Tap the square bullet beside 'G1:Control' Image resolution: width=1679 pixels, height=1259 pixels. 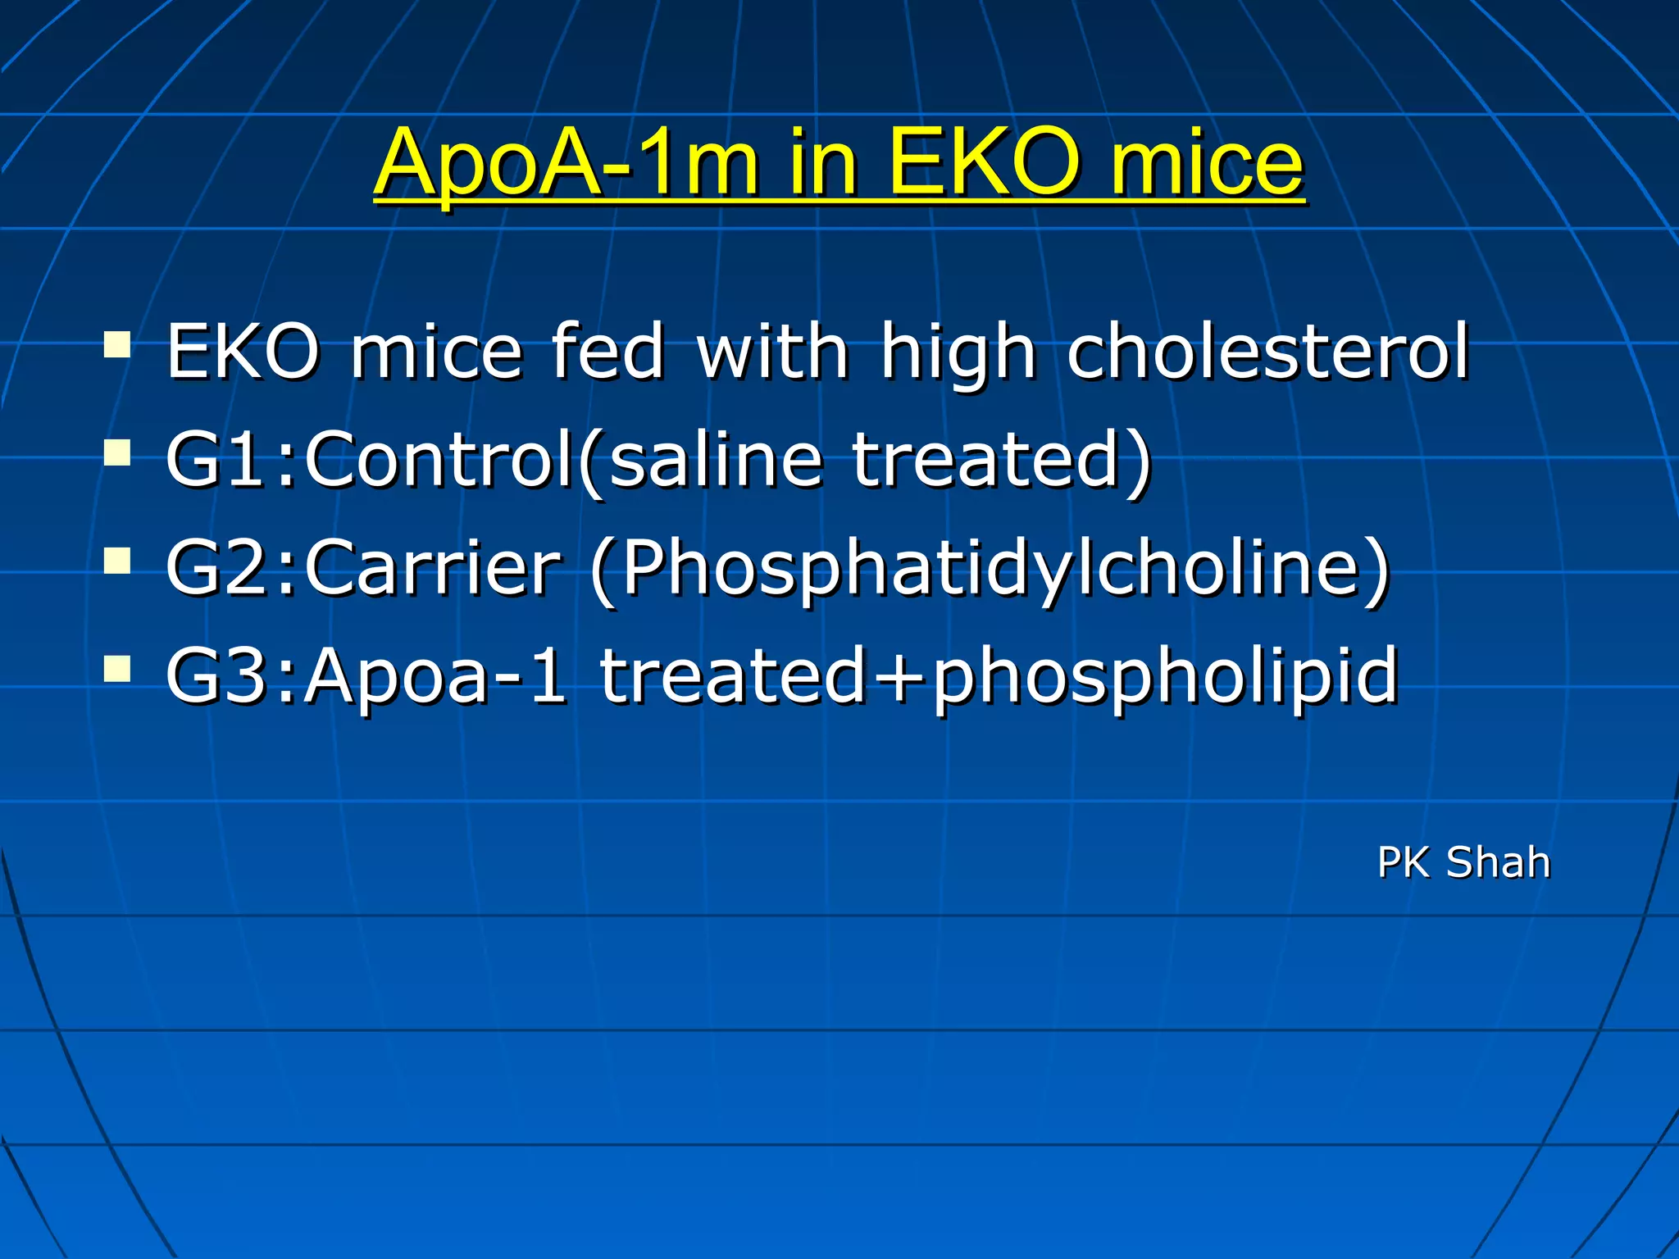click(x=117, y=452)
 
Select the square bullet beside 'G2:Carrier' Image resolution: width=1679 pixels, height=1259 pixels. click(x=117, y=561)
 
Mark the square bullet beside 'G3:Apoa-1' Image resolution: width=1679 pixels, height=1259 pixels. click(x=117, y=669)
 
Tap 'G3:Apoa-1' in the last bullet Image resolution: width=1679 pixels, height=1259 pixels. click(x=366, y=675)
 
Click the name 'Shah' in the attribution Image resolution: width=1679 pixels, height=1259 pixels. click(x=1498, y=863)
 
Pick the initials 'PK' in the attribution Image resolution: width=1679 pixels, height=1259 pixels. click(x=1404, y=863)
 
